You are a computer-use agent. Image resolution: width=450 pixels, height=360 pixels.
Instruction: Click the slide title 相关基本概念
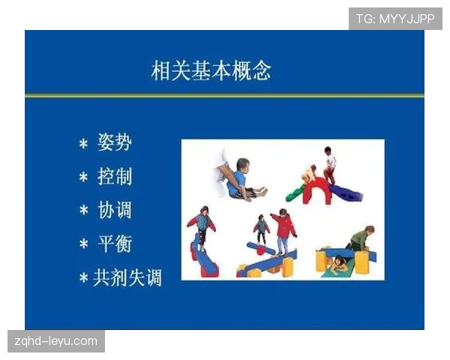point(211,70)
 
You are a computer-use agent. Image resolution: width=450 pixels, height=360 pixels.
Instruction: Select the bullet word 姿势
point(114,142)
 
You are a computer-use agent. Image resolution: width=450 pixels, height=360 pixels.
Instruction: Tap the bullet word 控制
point(114,176)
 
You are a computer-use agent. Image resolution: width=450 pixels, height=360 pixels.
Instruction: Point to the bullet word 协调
point(114,210)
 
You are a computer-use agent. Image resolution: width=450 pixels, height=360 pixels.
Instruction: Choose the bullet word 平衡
point(114,244)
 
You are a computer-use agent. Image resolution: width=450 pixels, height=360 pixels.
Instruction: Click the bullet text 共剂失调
point(127,277)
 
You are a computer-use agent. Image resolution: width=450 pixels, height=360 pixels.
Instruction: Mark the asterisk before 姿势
point(83,143)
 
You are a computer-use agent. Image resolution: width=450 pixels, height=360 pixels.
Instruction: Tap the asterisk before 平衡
point(83,245)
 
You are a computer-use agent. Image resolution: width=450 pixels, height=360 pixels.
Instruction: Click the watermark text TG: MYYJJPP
point(395,19)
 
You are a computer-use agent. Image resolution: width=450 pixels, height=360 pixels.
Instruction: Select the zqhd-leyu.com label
point(56,341)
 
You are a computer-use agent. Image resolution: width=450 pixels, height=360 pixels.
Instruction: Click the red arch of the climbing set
point(316,190)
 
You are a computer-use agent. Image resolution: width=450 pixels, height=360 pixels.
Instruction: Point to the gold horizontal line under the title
point(224,96)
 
